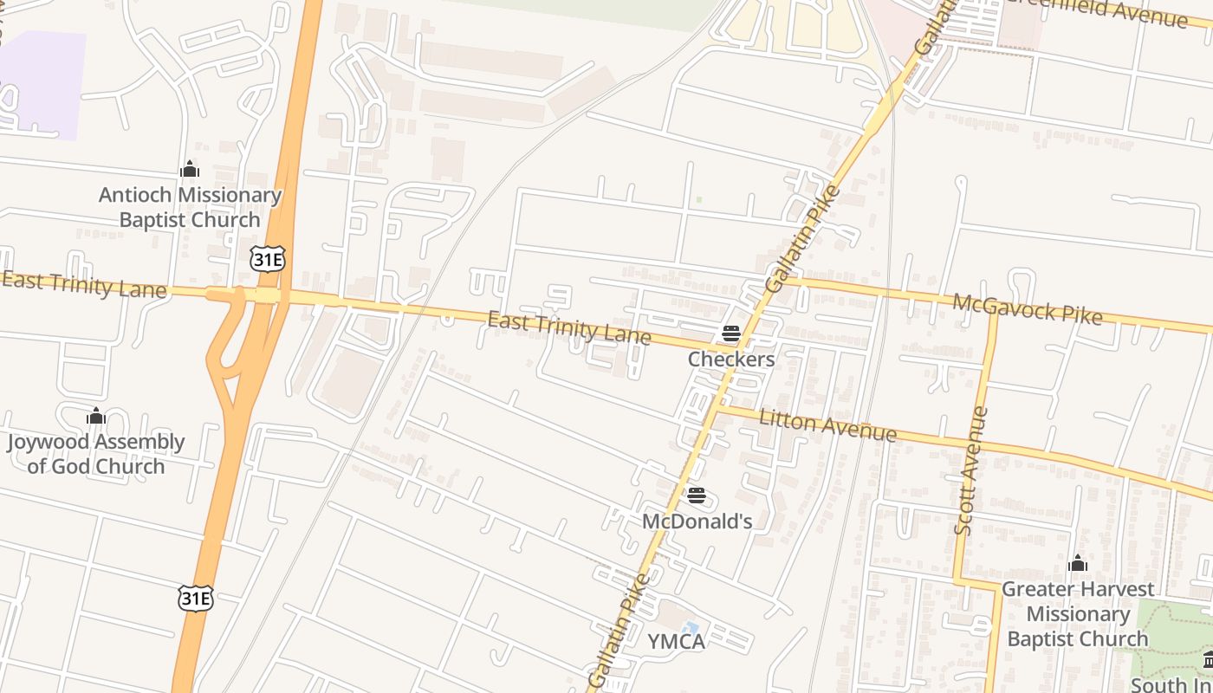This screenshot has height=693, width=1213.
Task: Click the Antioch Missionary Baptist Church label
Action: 190,208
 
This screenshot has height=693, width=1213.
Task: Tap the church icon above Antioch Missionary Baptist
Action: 190,170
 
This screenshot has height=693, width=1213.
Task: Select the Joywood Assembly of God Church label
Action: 95,454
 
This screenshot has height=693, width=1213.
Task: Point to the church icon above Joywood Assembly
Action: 95,417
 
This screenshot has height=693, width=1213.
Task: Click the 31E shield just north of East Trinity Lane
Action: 267,258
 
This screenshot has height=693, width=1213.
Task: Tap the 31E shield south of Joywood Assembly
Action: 196,598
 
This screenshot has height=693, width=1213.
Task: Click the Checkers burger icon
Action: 730,334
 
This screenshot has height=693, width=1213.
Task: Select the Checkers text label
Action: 730,359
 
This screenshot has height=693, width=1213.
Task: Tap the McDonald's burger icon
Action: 697,496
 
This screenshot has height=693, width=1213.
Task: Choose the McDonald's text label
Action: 697,521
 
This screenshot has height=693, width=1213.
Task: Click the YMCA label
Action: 676,641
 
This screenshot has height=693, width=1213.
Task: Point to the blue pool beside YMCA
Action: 690,627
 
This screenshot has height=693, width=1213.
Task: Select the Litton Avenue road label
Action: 827,424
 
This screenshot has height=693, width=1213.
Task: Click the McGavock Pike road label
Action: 1027,309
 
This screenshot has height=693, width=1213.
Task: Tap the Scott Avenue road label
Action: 971,471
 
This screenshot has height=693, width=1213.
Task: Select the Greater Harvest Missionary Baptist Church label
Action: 1078,614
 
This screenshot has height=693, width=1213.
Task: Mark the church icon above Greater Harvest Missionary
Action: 1078,564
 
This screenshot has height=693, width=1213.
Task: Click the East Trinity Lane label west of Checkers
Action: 568,328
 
